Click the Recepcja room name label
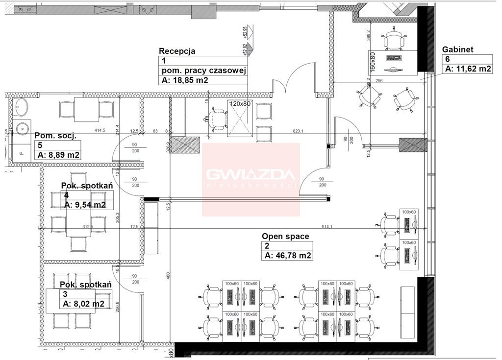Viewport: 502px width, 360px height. tap(177, 51)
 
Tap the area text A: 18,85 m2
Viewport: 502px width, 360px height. tap(184, 81)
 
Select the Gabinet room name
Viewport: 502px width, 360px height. tap(458, 49)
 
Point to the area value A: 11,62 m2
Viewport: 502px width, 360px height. tap(468, 69)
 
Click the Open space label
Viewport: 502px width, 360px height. tap(285, 236)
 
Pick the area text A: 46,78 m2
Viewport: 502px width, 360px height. tap(288, 256)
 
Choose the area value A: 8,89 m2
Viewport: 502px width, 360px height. tap(59, 155)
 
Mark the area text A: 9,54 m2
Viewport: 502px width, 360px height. tap(85, 205)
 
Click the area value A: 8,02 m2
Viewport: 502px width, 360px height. tap(83, 304)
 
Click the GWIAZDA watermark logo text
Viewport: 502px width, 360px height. tap(251, 175)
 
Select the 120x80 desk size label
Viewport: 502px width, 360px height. tap(240, 104)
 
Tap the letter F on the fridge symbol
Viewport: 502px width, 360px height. tap(21, 152)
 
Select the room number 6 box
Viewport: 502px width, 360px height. tap(447, 59)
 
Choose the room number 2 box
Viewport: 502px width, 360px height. tap(267, 246)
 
